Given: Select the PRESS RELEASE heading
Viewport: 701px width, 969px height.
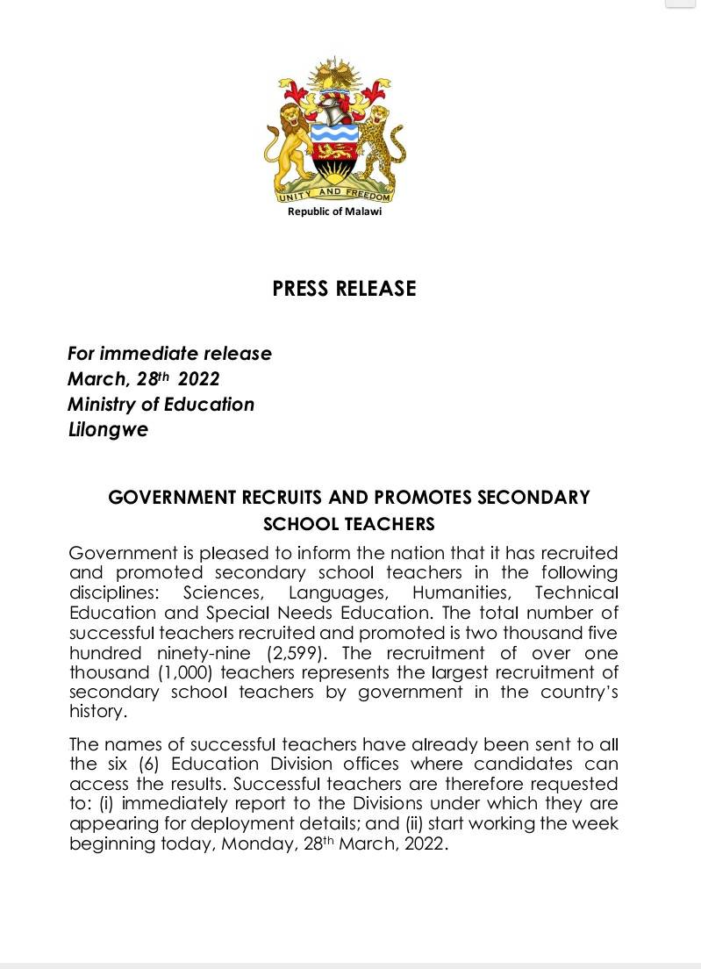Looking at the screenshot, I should click(x=344, y=289).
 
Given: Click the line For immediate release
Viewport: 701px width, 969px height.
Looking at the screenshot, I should click(x=169, y=354).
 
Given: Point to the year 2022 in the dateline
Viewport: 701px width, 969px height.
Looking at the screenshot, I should click(x=198, y=379).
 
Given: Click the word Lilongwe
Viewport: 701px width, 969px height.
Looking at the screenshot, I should click(x=108, y=431).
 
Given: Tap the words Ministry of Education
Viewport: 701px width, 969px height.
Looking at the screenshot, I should click(x=161, y=405).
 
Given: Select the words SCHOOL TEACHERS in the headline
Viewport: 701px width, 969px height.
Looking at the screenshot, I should click(x=349, y=524).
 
